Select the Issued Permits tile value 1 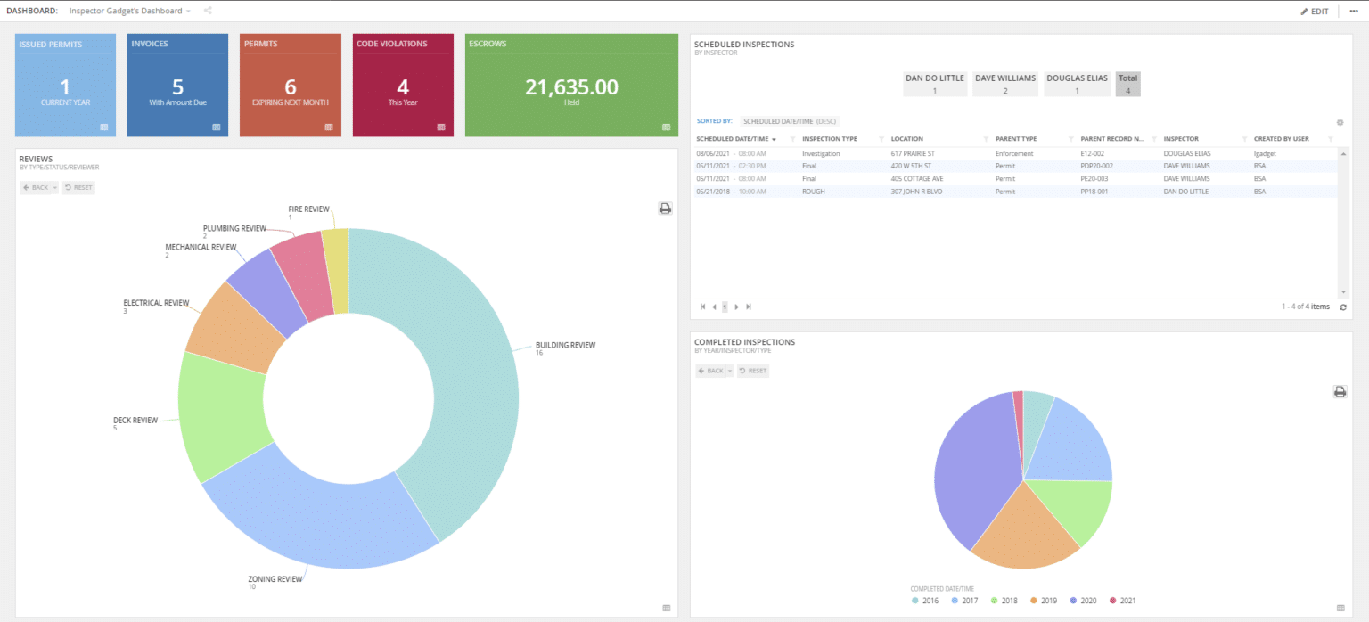point(65,86)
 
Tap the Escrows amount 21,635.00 point(571,86)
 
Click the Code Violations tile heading point(391,44)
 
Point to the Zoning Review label point(275,579)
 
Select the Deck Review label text point(135,420)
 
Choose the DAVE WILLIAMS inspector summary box point(1004,84)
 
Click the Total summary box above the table point(1127,84)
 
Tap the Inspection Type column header point(829,139)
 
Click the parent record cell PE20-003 point(1094,178)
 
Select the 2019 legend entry point(1044,601)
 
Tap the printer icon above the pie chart point(1339,391)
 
